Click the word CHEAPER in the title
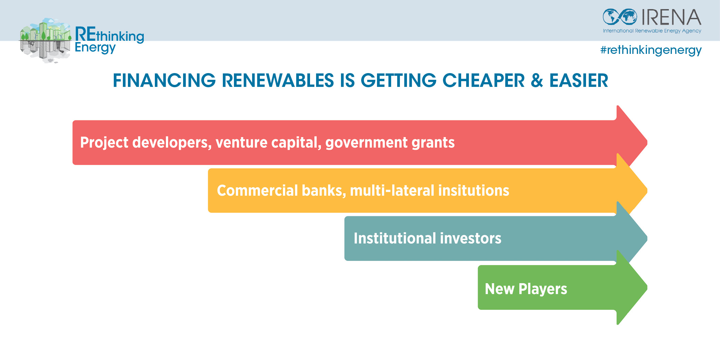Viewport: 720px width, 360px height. [x=483, y=80]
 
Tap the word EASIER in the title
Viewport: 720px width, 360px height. [x=579, y=80]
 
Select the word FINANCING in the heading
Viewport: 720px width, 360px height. [x=164, y=80]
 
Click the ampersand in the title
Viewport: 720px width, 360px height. [x=537, y=80]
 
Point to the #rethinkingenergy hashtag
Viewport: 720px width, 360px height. [x=651, y=50]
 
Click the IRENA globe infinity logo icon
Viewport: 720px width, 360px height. [x=620, y=17]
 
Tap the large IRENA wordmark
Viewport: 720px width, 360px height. [x=671, y=17]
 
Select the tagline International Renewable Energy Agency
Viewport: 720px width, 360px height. [x=652, y=31]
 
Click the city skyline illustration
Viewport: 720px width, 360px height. [x=45, y=40]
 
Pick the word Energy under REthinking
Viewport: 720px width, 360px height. [x=95, y=48]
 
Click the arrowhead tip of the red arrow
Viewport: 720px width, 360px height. [x=647, y=142]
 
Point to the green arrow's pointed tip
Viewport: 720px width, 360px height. [x=647, y=287]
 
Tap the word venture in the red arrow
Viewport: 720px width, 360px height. [x=241, y=142]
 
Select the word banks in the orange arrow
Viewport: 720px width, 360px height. [x=324, y=191]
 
